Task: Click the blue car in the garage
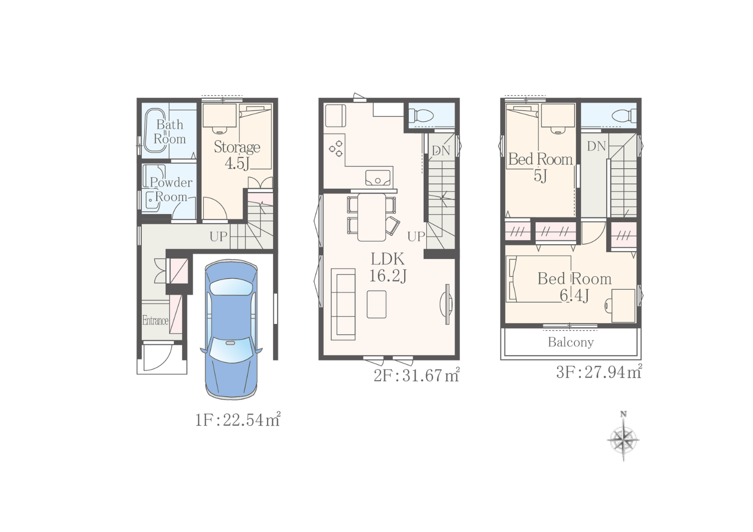(x=231, y=329)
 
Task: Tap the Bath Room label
(x=170, y=132)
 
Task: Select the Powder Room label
(x=171, y=190)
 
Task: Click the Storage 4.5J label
(x=237, y=155)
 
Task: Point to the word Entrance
(x=155, y=320)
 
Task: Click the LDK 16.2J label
(x=388, y=268)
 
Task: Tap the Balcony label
(x=571, y=342)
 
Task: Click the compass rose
(x=623, y=440)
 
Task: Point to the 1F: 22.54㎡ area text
(x=237, y=420)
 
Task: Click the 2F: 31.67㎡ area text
(x=417, y=375)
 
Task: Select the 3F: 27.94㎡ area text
(x=599, y=372)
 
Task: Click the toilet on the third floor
(x=624, y=116)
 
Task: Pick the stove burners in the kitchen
(x=336, y=148)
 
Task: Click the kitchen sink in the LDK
(x=378, y=178)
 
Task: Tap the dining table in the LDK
(x=371, y=217)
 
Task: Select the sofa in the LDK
(x=343, y=304)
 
